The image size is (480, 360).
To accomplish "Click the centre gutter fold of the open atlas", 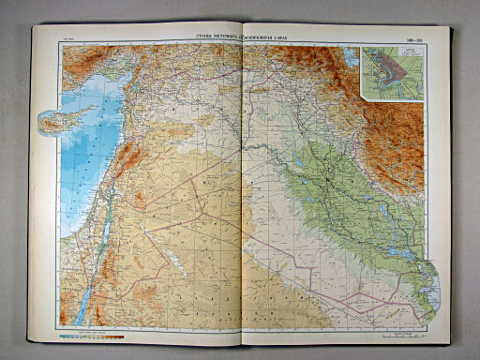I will click(x=242, y=187).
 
